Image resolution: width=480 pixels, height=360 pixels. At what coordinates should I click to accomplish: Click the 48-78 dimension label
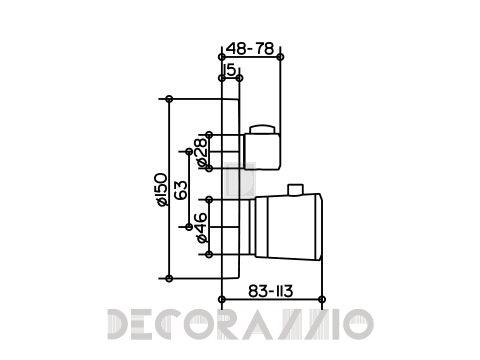click(250, 49)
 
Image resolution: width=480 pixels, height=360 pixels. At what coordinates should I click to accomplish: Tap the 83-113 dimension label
click(270, 291)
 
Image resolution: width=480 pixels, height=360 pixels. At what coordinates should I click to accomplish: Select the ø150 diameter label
click(162, 189)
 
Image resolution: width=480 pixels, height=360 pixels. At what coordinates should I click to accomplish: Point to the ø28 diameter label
click(202, 152)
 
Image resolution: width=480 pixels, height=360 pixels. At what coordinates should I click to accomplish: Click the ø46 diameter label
click(202, 228)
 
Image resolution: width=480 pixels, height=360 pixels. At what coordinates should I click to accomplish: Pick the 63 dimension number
click(182, 190)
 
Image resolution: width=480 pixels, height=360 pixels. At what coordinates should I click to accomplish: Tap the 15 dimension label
click(231, 70)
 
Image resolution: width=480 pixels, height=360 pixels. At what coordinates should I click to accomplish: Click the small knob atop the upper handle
click(263, 129)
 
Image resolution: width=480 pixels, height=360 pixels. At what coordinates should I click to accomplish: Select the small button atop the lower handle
click(295, 189)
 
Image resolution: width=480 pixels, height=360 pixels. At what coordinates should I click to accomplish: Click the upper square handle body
click(262, 151)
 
